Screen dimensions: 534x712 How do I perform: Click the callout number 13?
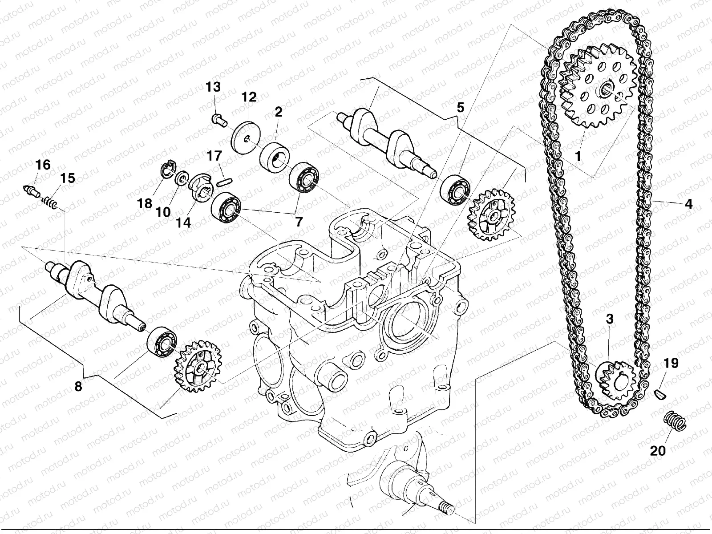(x=213, y=87)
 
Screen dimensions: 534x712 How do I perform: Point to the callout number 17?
(x=214, y=156)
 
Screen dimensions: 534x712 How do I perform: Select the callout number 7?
(x=299, y=222)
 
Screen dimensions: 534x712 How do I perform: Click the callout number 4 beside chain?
(x=688, y=204)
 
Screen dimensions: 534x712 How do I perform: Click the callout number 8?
(x=78, y=386)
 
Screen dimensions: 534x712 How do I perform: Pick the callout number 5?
(x=460, y=107)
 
